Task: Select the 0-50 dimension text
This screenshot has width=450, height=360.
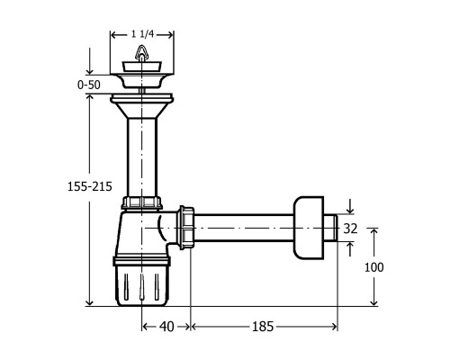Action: pyautogui.click(x=92, y=85)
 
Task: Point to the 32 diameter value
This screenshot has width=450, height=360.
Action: pyautogui.click(x=352, y=229)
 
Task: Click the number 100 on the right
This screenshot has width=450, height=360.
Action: pyautogui.click(x=373, y=267)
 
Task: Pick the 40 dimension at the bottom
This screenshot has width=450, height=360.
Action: pyautogui.click(x=166, y=326)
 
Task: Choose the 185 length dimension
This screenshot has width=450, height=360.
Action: pyautogui.click(x=263, y=326)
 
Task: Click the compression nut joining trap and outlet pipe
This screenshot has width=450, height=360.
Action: pyautogui.click(x=187, y=229)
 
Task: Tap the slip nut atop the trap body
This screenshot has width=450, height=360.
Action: pyautogui.click(x=140, y=203)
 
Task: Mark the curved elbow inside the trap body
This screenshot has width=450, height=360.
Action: pyautogui.click(x=164, y=230)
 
